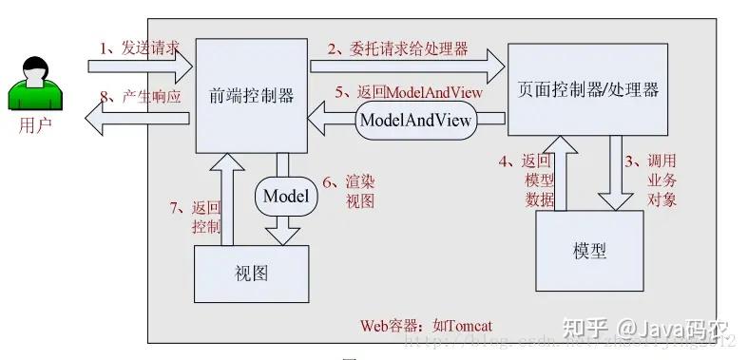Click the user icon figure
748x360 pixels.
point(35,84)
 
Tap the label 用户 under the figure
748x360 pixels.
point(35,124)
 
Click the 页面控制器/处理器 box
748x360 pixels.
point(588,90)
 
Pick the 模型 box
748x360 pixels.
point(589,251)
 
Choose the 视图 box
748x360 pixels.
point(251,274)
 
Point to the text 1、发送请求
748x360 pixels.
point(140,48)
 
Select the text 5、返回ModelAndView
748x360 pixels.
point(409,93)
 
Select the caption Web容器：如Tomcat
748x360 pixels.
point(426,325)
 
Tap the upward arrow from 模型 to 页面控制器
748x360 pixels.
point(562,171)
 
